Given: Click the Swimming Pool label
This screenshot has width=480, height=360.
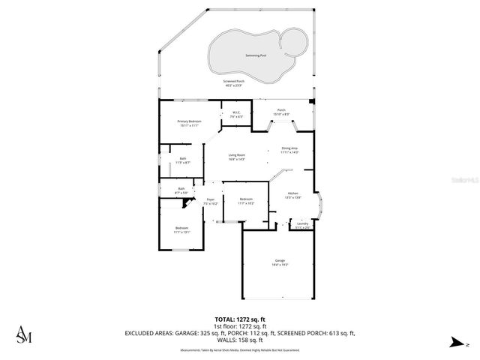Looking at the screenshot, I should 256,55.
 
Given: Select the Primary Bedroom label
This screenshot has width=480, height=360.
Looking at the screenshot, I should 189,123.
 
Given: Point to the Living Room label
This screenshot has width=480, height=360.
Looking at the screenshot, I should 237,157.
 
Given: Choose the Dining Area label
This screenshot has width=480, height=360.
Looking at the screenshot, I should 289,150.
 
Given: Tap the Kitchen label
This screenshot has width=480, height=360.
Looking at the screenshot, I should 293,195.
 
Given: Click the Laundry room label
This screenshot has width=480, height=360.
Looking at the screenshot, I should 302,225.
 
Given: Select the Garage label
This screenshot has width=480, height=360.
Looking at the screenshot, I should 279,262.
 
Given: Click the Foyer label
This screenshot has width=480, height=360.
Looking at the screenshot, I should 211,201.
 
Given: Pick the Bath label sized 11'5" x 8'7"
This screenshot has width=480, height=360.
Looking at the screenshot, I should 183,160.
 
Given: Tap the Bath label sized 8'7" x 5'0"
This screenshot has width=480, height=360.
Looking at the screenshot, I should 181,190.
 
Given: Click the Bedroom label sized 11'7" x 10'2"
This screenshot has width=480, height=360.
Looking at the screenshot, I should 246,201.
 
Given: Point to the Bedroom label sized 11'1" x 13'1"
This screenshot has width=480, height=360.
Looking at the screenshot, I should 181,229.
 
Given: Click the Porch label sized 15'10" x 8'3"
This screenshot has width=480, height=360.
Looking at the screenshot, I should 281,112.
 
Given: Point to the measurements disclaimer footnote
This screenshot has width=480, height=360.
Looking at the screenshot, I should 239,350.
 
